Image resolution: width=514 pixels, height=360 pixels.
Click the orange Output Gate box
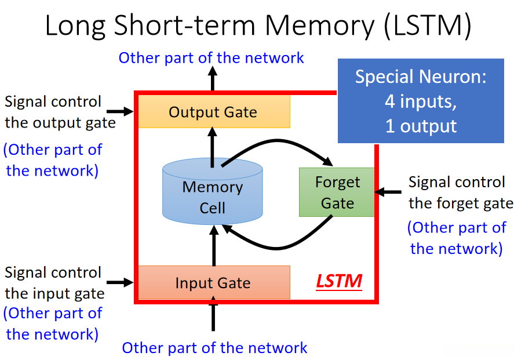tap(214, 111)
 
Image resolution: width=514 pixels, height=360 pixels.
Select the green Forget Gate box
tap(337, 192)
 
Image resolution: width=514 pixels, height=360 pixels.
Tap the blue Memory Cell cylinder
tap(213, 191)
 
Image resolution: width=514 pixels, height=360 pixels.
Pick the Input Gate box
tap(214, 282)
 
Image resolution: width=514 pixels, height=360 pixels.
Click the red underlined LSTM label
tap(339, 281)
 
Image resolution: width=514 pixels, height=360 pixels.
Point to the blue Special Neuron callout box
tap(421, 101)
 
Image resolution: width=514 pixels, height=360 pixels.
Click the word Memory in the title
tap(319, 25)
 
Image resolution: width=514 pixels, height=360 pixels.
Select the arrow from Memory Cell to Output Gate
tap(213, 147)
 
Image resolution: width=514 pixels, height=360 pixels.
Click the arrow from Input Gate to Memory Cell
tap(214, 245)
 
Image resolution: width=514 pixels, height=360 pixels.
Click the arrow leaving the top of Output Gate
tap(213, 78)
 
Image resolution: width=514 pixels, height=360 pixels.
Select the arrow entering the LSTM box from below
tap(213, 314)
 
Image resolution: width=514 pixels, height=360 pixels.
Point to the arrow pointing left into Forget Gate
tap(388, 192)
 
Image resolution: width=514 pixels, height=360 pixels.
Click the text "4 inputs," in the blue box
tap(421, 101)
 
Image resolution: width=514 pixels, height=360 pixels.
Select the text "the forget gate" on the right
tap(461, 203)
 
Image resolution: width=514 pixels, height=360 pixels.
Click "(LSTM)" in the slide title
tap(427, 26)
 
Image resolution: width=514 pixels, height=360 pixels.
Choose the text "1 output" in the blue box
tap(421, 126)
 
